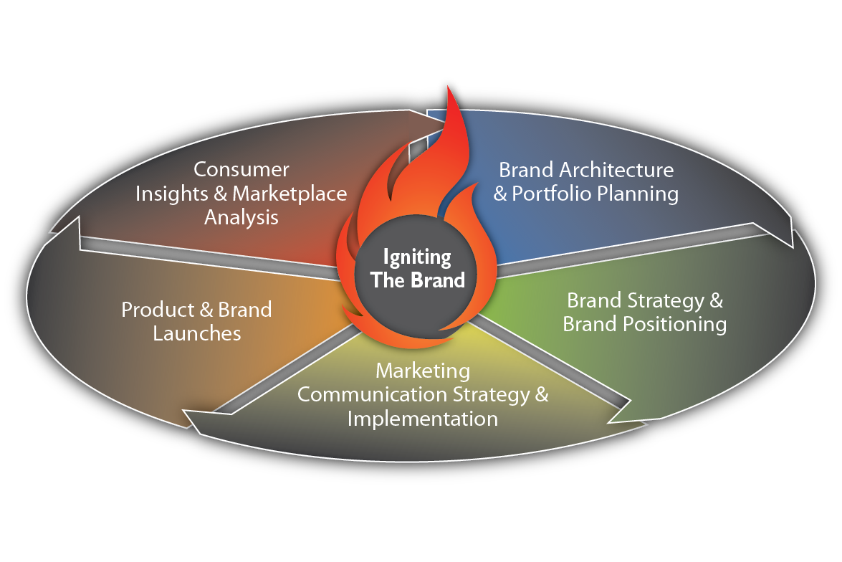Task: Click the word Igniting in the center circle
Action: pyautogui.click(x=417, y=257)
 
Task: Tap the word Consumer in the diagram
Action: pyautogui.click(x=241, y=170)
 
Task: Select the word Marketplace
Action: pyautogui.click(x=290, y=194)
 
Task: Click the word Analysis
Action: pyautogui.click(x=241, y=217)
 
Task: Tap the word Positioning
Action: pyautogui.click(x=674, y=324)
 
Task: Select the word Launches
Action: pyautogui.click(x=197, y=333)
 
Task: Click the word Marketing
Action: pyautogui.click(x=423, y=371)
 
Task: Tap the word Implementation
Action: pyautogui.click(x=423, y=418)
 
